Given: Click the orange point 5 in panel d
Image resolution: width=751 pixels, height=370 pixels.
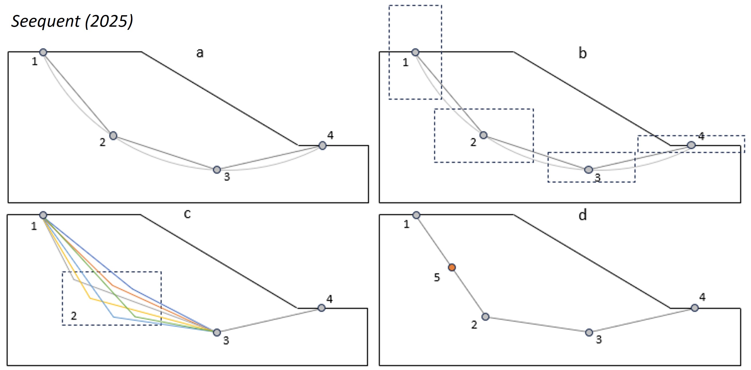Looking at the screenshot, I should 452,267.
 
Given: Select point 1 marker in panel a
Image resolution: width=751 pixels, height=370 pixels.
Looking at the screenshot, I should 43,53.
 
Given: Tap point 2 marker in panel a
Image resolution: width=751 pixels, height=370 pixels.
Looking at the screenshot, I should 113,135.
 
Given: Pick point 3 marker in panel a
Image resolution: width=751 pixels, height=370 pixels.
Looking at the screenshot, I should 217,170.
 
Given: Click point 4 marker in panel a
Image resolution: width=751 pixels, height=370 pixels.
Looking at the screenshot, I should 322,146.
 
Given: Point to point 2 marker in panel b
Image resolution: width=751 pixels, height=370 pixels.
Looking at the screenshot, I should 483,135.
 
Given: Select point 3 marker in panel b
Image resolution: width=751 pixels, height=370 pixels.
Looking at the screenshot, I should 589,170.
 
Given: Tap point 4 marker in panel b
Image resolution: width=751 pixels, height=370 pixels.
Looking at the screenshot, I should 691,145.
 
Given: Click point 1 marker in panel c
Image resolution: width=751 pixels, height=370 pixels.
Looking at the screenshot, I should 43,215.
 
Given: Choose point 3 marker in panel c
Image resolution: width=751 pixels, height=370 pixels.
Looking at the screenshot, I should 217,332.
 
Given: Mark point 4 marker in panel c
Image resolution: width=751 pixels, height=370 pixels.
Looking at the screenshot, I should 321,308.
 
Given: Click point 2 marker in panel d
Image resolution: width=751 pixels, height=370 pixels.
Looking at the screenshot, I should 485,317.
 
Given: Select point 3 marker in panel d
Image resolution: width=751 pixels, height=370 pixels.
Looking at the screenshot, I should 589,332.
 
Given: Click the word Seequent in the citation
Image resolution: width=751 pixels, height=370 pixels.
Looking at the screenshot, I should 45,22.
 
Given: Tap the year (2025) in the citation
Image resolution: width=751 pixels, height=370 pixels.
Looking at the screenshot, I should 109,22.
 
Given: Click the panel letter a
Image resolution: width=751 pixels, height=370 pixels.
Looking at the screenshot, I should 200,53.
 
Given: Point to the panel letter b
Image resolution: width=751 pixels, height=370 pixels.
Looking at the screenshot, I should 582,53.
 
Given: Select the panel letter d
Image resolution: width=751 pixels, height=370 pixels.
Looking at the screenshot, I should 582,215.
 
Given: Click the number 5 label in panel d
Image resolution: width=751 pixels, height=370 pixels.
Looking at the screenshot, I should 437,278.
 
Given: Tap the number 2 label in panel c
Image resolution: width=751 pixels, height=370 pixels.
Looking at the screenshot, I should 74,316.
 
